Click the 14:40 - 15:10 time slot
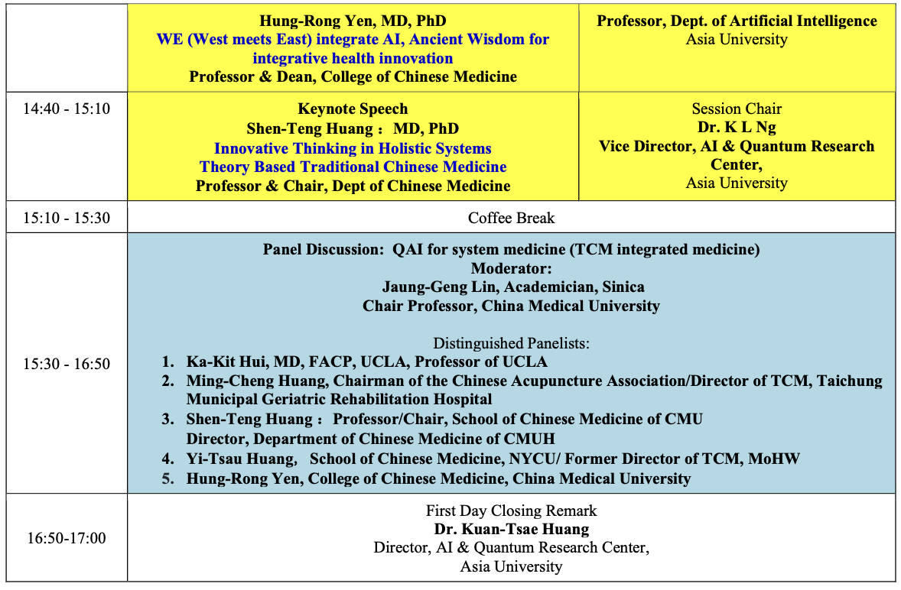(x=67, y=109)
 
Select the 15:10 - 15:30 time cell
(x=67, y=218)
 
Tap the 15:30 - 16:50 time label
(x=67, y=364)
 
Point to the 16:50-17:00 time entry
(x=67, y=538)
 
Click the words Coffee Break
(x=511, y=218)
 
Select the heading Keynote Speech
(x=353, y=109)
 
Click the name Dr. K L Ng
(x=737, y=128)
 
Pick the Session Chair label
(x=737, y=109)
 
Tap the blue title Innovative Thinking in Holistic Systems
(x=353, y=148)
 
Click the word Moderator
(x=511, y=268)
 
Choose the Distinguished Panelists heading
(x=511, y=342)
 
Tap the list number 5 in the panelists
(x=168, y=478)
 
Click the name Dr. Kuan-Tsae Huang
(x=511, y=529)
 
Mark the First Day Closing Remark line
(x=511, y=511)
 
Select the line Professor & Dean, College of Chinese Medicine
(x=353, y=76)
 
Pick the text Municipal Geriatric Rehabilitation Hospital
(x=339, y=399)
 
